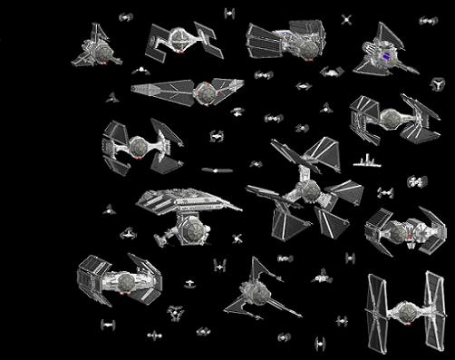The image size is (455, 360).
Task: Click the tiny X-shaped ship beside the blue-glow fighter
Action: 345,19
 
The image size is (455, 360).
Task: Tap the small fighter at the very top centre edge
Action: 230,12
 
